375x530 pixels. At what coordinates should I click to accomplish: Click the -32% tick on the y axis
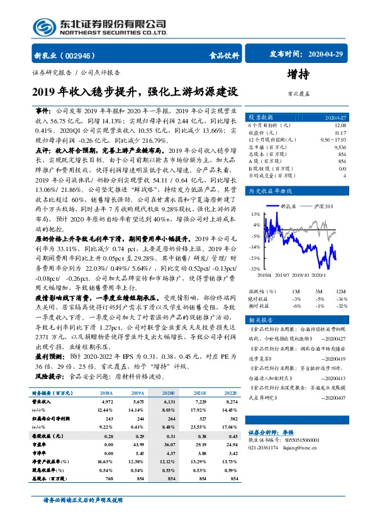[x=254, y=268]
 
